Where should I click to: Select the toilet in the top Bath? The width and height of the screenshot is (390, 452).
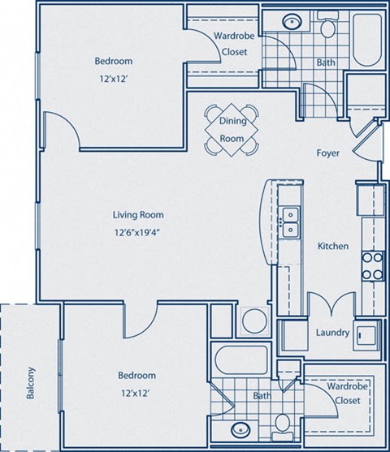[327, 29]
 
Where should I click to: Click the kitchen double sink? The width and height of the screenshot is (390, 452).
[288, 222]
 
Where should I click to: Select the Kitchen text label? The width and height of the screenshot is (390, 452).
[332, 246]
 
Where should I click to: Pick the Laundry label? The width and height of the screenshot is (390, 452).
[332, 333]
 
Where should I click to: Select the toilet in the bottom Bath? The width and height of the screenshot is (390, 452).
[281, 423]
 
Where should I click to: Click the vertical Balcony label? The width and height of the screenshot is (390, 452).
[31, 384]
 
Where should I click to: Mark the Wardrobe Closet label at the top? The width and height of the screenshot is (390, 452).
[231, 44]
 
